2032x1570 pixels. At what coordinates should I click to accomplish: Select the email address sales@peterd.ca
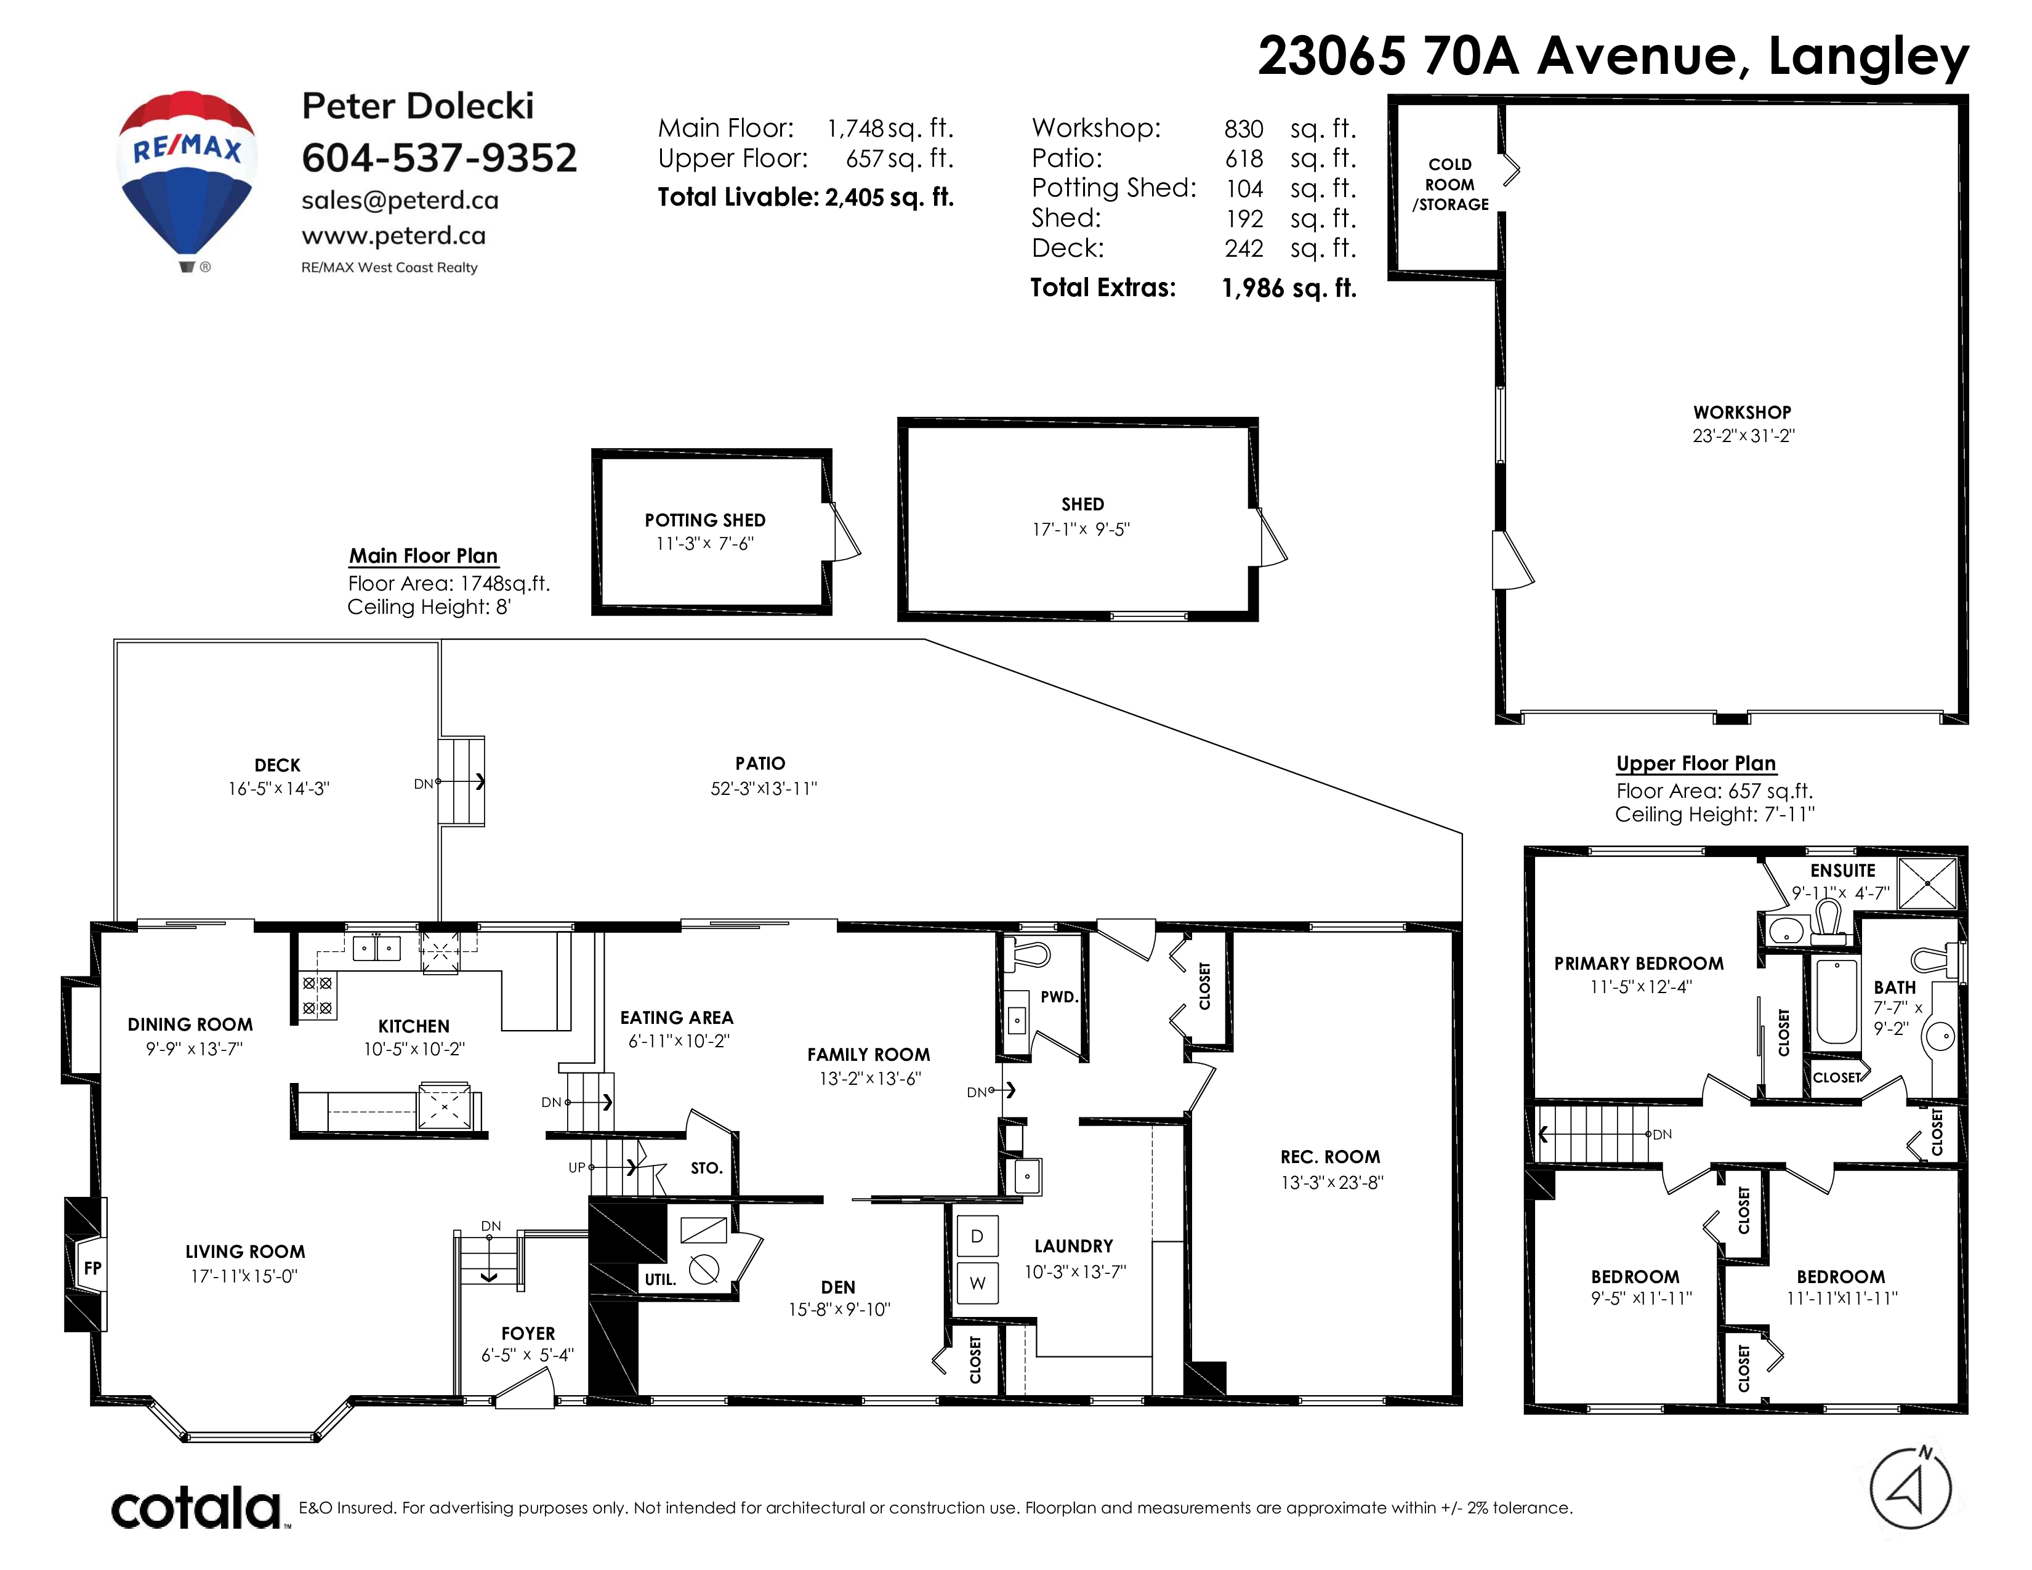[x=400, y=200]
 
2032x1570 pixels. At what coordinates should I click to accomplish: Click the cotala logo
[x=196, y=1508]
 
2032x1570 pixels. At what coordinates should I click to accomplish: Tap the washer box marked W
[x=977, y=1284]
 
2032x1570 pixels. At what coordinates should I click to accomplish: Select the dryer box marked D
[x=977, y=1236]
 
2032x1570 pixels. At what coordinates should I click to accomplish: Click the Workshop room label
[x=1742, y=412]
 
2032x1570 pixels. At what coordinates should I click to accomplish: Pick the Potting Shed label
[x=705, y=520]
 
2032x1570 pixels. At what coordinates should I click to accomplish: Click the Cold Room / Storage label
[x=1451, y=184]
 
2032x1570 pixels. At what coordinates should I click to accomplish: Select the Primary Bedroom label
[x=1639, y=964]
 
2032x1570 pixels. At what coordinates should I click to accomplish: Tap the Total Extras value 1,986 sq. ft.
[x=1289, y=288]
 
